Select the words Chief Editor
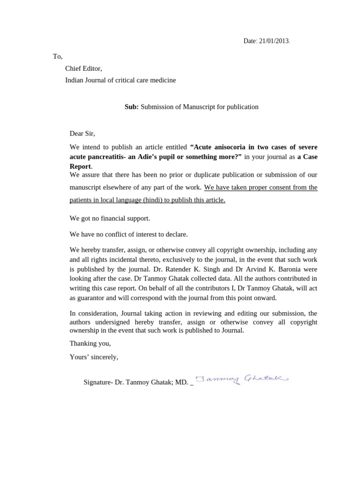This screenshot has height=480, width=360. (x=83, y=68)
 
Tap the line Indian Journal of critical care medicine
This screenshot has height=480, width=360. (x=120, y=80)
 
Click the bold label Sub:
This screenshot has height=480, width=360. (x=131, y=107)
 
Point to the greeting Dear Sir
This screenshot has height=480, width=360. (x=82, y=134)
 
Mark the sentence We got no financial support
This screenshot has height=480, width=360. (x=110, y=218)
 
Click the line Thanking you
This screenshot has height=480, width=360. (x=90, y=344)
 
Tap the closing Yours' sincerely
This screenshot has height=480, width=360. (x=94, y=357)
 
